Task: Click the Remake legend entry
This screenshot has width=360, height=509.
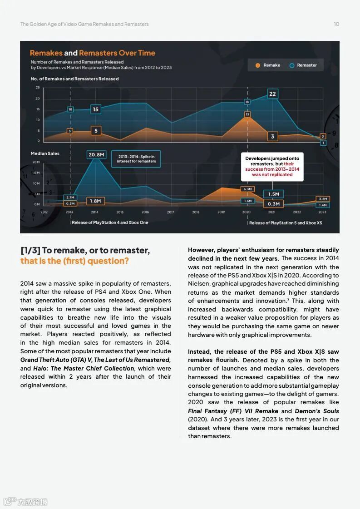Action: tap(268, 65)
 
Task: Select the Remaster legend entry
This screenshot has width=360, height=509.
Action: tap(303, 65)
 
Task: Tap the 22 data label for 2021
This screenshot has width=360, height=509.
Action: tap(272, 94)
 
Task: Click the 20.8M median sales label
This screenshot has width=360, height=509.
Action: tap(96, 155)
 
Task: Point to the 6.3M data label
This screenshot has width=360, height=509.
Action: tap(247, 189)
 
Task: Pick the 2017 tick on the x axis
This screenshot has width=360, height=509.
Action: tap(170, 212)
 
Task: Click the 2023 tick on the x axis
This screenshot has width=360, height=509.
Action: tap(322, 212)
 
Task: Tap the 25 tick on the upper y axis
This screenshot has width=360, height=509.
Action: tap(38, 87)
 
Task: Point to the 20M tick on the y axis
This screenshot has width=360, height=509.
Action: tap(36, 162)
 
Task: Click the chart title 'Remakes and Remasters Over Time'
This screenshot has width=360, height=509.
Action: tap(93, 53)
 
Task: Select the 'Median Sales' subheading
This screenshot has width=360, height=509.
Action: tap(45, 153)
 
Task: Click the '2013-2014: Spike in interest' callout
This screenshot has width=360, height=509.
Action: tap(136, 159)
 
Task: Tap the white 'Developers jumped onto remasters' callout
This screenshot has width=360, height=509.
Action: tap(272, 167)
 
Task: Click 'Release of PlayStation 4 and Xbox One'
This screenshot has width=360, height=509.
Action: tap(110, 222)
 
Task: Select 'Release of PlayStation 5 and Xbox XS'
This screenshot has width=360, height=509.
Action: tap(285, 223)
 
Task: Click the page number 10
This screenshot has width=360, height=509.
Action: tap(336, 24)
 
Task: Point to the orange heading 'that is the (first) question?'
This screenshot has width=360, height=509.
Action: tap(74, 261)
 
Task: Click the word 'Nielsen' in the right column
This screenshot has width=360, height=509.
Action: tap(198, 284)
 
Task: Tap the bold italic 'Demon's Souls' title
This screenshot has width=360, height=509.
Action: tap(317, 411)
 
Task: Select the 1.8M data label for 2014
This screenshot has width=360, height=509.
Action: tap(96, 201)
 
